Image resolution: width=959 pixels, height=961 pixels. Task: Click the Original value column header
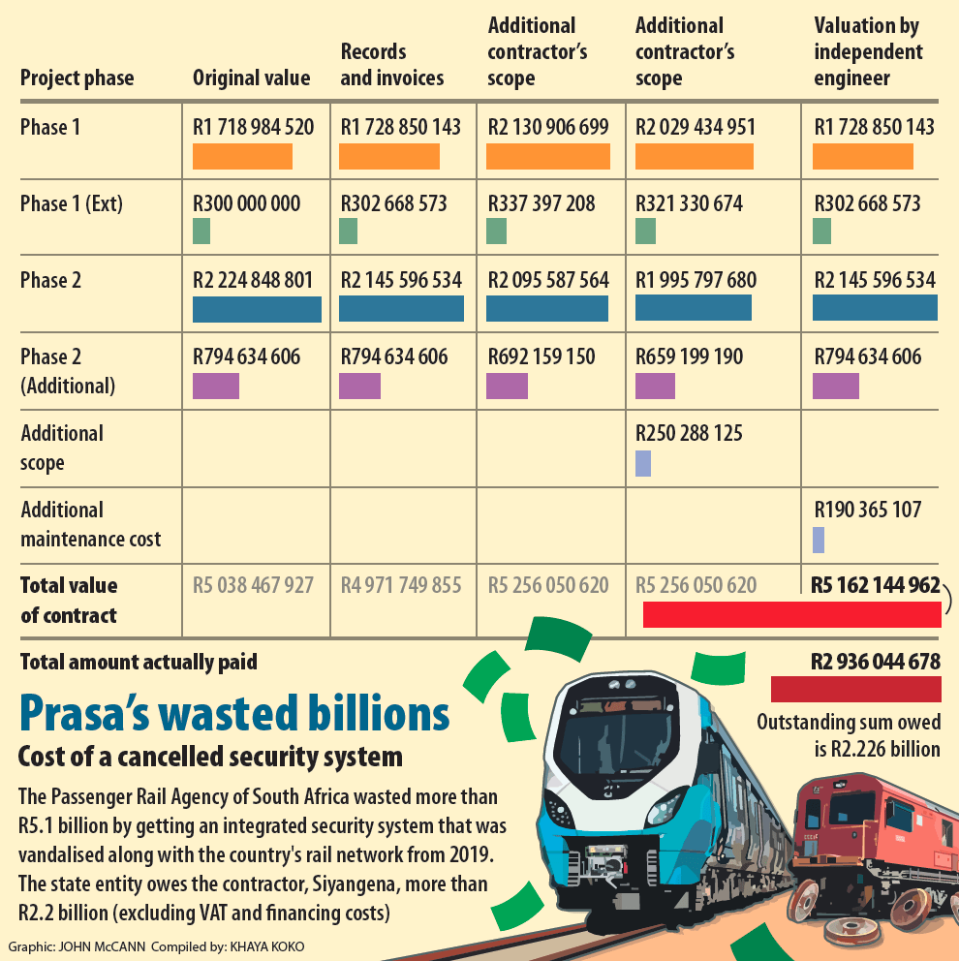click(x=251, y=78)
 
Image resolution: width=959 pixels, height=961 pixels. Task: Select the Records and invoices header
click(x=391, y=65)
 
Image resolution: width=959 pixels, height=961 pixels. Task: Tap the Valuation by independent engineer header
click(x=868, y=52)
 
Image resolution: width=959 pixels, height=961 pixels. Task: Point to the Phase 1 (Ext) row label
click(x=72, y=204)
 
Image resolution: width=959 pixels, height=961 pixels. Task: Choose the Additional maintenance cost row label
click(x=90, y=524)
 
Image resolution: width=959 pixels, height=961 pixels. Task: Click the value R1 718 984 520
click(x=253, y=127)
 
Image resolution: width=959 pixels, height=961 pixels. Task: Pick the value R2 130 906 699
click(x=547, y=127)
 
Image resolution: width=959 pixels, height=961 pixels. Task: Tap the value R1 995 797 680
click(x=696, y=281)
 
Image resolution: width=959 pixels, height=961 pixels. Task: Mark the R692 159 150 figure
click(x=541, y=356)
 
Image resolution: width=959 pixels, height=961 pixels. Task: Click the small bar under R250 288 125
click(x=642, y=463)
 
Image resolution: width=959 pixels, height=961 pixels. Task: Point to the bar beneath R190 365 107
click(x=819, y=540)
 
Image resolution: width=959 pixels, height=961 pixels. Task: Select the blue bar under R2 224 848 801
click(x=257, y=309)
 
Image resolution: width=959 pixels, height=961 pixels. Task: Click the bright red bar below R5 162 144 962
click(x=791, y=614)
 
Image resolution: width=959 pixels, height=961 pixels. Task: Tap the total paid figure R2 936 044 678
click(x=876, y=663)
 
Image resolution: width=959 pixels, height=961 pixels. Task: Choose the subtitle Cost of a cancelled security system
click(x=209, y=757)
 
